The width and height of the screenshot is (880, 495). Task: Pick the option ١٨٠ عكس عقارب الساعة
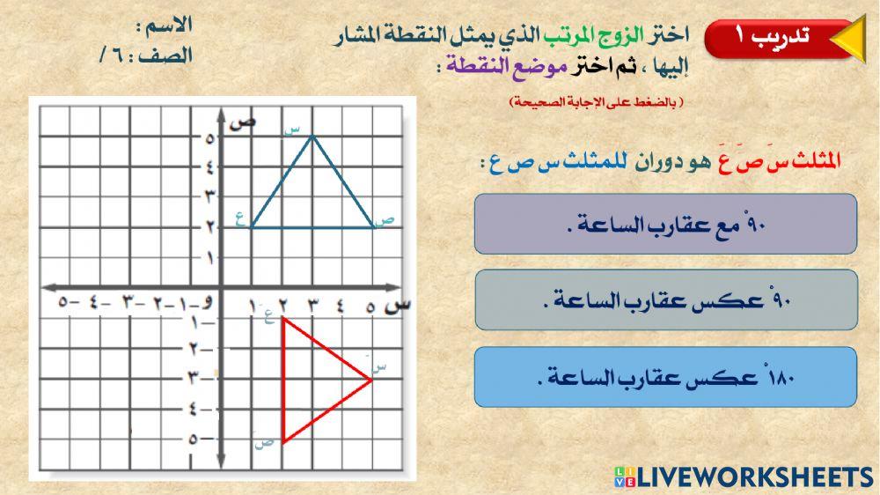pos(665,378)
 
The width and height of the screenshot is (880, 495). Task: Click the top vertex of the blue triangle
pos(312,135)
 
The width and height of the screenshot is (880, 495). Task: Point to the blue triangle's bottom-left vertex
pos(252,227)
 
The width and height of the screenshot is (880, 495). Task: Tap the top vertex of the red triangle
pos(283,320)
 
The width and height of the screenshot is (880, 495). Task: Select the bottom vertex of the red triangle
pos(283,439)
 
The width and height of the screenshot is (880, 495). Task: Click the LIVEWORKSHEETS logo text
pos(753,477)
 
